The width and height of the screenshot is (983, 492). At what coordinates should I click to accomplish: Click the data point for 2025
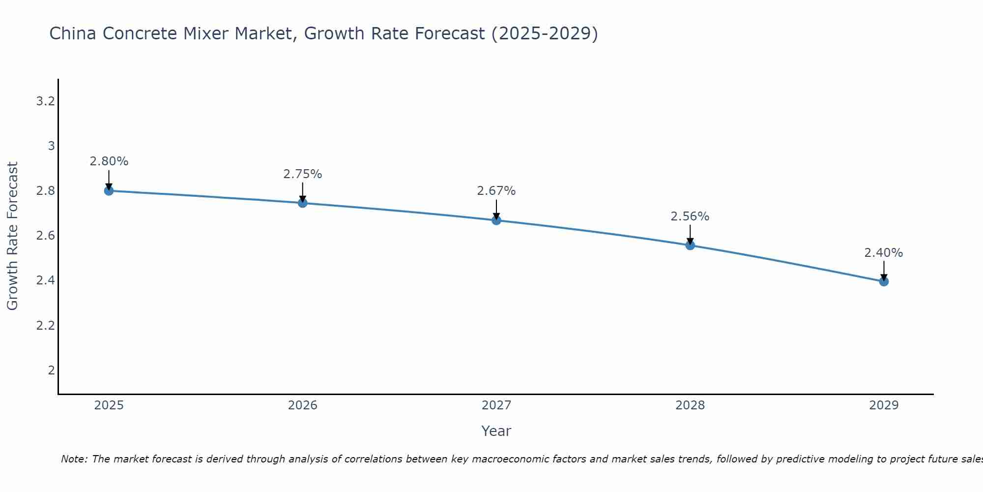point(109,190)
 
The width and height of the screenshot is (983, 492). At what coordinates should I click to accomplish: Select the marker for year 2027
point(496,220)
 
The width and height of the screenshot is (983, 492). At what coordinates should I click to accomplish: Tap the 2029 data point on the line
point(884,281)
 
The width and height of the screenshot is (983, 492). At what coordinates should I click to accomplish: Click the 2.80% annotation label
point(109,161)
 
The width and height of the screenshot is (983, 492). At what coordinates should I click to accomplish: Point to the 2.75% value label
point(303,174)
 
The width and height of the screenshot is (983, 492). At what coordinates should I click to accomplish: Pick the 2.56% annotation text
point(690,216)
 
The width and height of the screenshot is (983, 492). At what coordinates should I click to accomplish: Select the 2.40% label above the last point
point(884,253)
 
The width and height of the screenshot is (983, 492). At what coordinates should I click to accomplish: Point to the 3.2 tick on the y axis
point(45,101)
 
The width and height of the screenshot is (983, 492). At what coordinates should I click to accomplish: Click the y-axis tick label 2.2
point(45,326)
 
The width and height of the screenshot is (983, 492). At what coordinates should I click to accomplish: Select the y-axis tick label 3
point(51,146)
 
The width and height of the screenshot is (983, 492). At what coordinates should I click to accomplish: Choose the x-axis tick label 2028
point(690,405)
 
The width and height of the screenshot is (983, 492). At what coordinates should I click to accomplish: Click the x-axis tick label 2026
point(303,405)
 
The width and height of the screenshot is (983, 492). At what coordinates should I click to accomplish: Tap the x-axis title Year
point(496,431)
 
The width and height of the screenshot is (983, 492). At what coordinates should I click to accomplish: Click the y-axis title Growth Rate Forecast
point(12,236)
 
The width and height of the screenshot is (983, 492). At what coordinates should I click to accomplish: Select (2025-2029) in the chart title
point(545,34)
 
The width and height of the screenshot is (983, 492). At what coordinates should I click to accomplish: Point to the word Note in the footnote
point(74,459)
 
